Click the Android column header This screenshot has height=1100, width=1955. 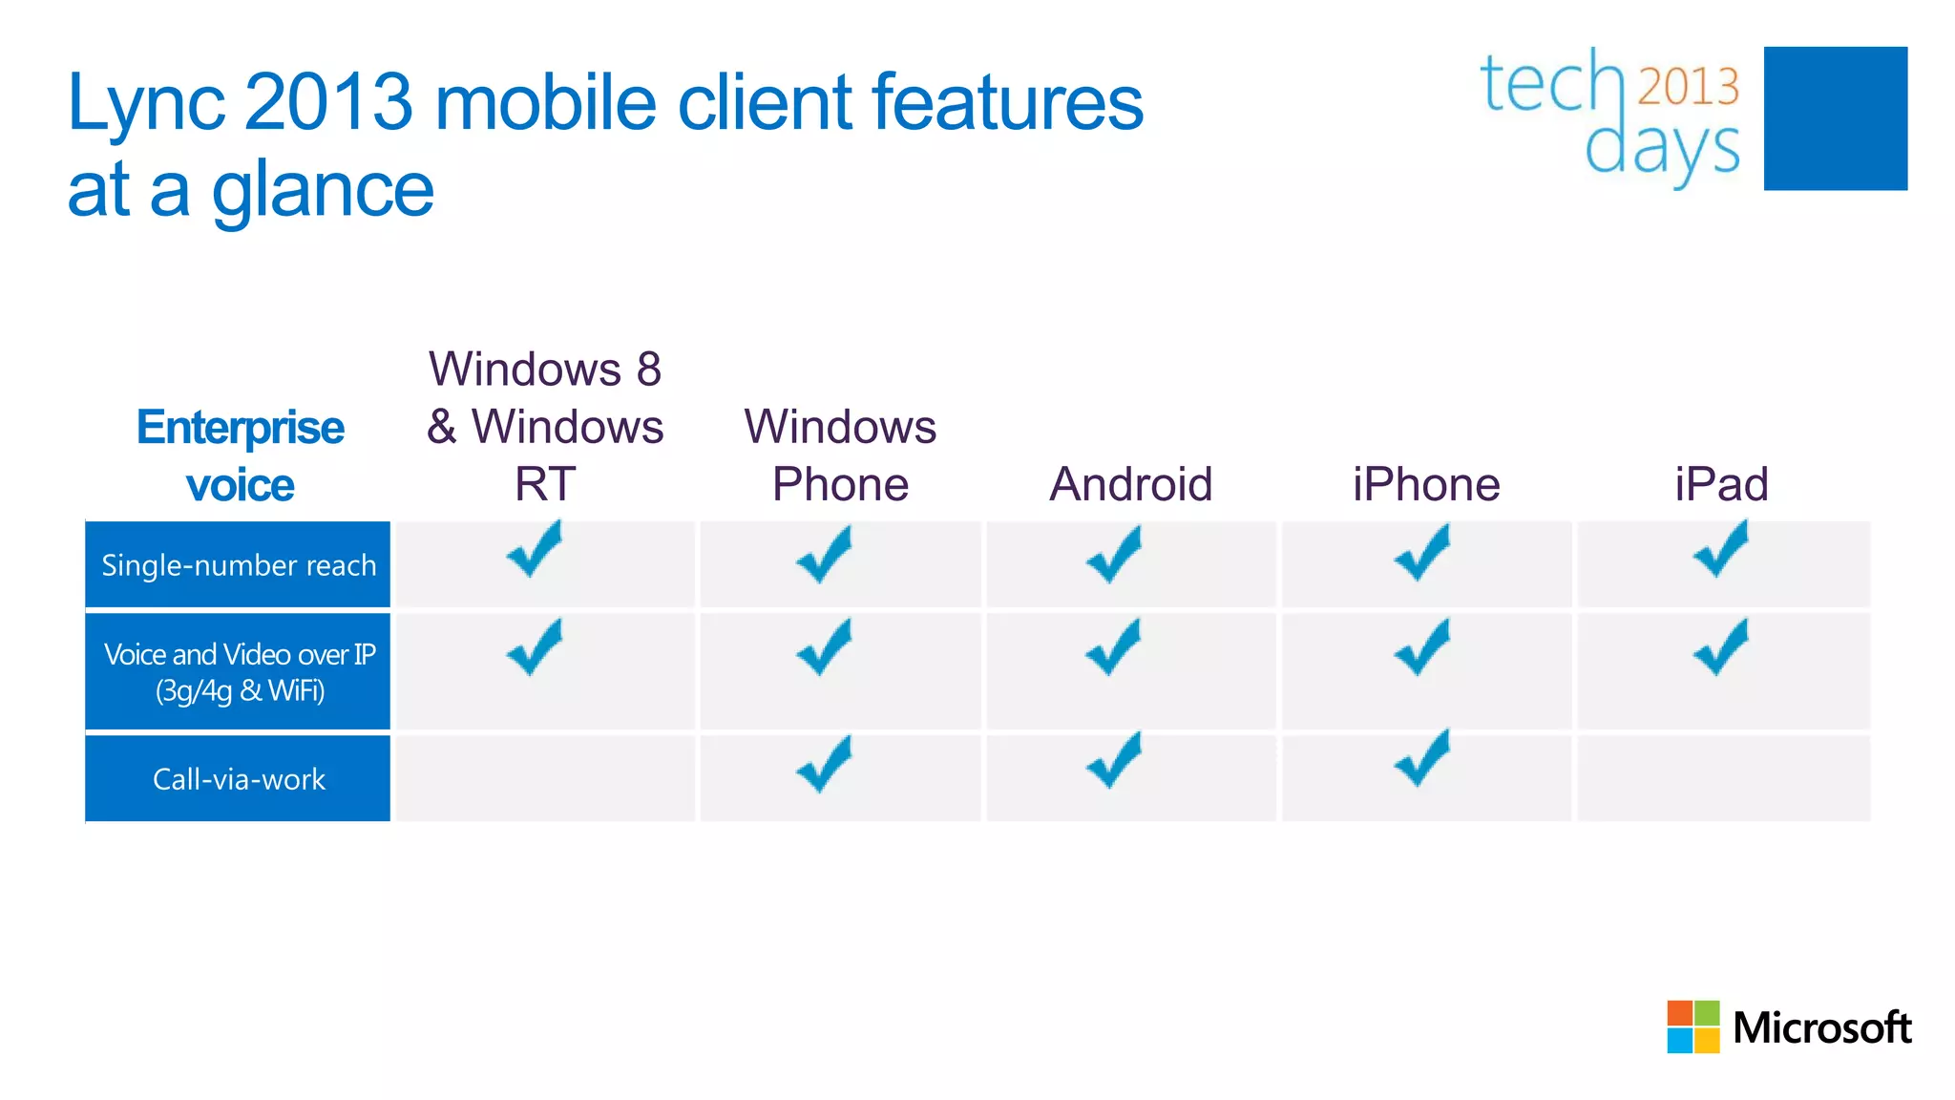tap(1131, 484)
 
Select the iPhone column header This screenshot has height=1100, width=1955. tap(1426, 484)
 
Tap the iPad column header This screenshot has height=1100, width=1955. tap(1721, 484)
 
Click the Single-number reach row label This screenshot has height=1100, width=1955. tap(239, 565)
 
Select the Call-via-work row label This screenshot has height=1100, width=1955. tap(239, 779)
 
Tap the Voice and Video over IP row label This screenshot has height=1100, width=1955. tap(239, 672)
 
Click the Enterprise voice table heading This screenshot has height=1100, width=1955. tap(240, 455)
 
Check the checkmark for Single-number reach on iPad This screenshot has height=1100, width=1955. tap(1721, 551)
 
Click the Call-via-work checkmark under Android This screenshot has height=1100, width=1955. tap(1113, 761)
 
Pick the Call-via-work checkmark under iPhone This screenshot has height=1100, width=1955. tap(1421, 759)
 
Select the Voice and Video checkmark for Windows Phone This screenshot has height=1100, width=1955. tap(824, 648)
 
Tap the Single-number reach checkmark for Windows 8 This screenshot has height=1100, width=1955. tap(535, 551)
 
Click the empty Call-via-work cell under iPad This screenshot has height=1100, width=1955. tap(1723, 778)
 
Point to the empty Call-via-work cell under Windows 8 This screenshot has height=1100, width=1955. tap(545, 778)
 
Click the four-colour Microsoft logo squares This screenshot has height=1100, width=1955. tap(1692, 1026)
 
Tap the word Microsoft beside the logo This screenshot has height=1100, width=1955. tap(1821, 1028)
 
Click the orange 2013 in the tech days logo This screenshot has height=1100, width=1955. tap(1688, 86)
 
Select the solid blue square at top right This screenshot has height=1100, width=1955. tap(1835, 118)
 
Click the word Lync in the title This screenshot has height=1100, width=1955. tap(146, 103)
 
